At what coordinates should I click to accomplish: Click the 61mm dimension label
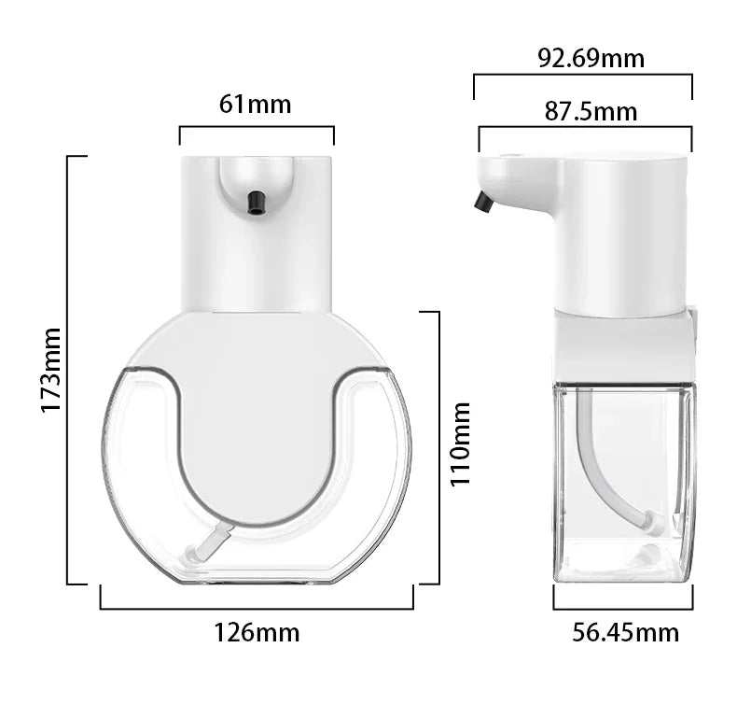pos(256,104)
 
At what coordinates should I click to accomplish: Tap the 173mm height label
pos(50,370)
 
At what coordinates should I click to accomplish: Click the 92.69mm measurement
pos(591,59)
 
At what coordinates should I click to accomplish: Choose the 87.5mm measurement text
pos(591,112)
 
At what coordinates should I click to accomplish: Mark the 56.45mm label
pos(625,632)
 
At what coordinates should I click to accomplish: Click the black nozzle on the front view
pos(255,202)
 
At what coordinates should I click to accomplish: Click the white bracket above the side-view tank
pos(623,345)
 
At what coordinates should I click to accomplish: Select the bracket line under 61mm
pos(256,127)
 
